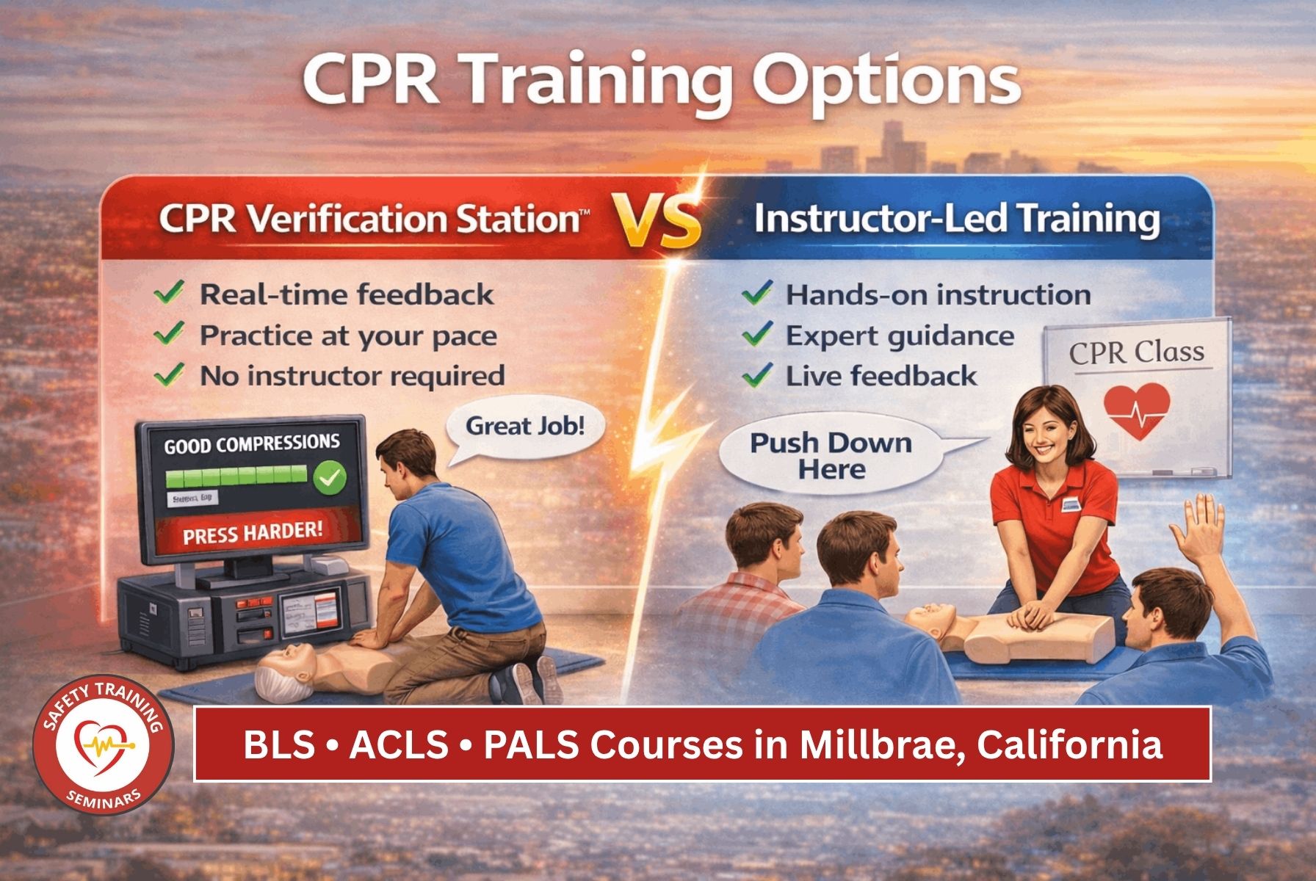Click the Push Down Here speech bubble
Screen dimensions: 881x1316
click(x=830, y=456)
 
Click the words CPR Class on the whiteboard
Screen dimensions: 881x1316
click(x=1136, y=352)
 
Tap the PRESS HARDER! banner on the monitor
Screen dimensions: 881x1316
click(x=253, y=532)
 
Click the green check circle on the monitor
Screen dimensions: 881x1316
click(x=330, y=479)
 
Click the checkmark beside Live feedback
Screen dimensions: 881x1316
click(x=756, y=376)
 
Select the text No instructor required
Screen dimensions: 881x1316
click(x=352, y=376)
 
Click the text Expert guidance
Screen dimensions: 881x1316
click(x=900, y=336)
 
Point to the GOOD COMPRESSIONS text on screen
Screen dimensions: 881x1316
click(x=251, y=444)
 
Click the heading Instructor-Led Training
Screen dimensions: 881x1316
click(x=957, y=219)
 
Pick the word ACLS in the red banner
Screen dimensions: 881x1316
click(x=399, y=744)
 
